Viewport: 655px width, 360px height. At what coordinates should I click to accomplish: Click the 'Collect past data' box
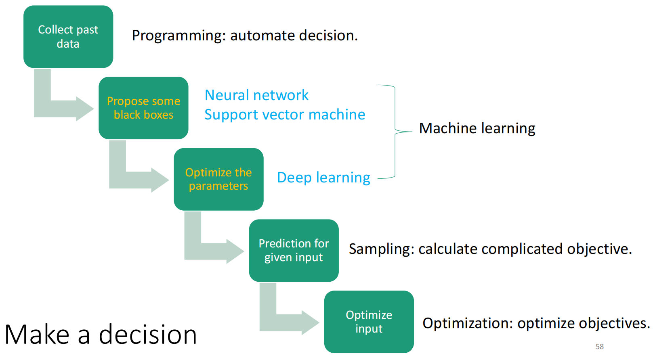68,37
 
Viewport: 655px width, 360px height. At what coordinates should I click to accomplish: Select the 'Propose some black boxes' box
143,108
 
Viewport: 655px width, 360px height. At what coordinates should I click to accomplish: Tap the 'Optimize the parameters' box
218,179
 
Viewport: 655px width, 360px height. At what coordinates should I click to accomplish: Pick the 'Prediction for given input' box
294,250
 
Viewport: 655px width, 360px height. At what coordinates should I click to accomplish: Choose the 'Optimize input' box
369,322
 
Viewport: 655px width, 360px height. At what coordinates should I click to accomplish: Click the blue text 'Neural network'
256,95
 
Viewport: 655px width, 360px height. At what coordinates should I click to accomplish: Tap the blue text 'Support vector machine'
285,115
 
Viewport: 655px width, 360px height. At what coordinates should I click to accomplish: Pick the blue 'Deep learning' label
323,178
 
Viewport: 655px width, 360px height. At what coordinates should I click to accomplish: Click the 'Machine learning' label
477,128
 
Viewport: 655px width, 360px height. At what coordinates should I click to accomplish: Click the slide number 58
599,347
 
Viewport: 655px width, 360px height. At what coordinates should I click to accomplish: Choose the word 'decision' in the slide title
148,335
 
